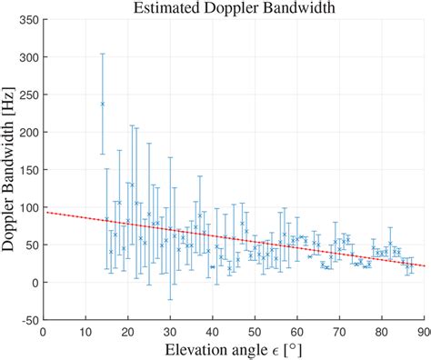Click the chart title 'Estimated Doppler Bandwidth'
(235, 8)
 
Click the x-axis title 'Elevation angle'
(223, 349)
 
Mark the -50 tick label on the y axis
(29, 320)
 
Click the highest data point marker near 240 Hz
(103, 104)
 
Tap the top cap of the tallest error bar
(103, 54)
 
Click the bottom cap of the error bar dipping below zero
(170, 299)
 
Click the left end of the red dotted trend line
(45, 213)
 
